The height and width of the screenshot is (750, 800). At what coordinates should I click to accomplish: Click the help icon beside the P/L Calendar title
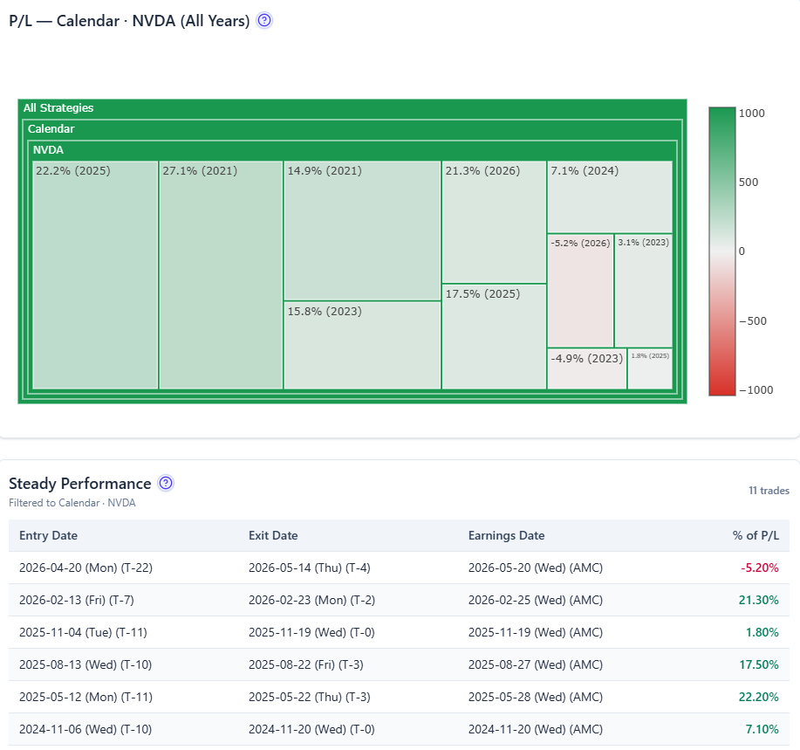264,20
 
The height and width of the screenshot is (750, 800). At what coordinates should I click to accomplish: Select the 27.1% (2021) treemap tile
221,275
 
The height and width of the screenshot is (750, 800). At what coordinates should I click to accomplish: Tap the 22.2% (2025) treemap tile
95,275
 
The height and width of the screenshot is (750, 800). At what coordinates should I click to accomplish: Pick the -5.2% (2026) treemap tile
581,291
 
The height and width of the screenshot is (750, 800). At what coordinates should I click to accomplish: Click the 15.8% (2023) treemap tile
362,345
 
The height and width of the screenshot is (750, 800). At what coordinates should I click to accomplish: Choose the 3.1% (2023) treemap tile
643,291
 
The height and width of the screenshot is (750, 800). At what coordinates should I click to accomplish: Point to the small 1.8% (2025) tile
650,368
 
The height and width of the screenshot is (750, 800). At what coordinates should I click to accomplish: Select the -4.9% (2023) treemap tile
587,368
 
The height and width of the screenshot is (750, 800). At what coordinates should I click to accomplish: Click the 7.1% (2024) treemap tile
610,197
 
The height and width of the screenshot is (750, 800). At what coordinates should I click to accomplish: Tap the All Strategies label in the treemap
58,107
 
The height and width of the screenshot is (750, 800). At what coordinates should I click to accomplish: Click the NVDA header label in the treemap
48,150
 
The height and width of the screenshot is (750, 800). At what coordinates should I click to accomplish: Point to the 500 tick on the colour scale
749,182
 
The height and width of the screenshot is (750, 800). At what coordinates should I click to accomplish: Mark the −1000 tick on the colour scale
756,390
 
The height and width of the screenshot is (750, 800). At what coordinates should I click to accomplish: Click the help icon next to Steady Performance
166,483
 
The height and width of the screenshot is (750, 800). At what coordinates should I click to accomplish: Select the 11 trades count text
769,491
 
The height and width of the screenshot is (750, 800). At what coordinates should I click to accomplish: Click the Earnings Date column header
506,535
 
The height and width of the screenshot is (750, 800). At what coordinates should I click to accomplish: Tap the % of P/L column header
756,535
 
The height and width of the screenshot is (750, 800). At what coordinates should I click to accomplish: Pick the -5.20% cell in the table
760,568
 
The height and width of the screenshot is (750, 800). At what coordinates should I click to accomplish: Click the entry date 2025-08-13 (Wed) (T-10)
85,664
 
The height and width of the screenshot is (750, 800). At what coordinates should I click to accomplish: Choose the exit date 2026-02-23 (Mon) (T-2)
311,600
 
